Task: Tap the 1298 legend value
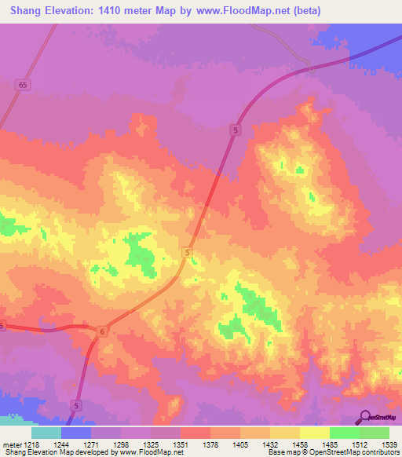(x=121, y=444)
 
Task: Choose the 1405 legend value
(x=240, y=444)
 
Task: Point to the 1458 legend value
(x=300, y=444)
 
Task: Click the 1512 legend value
(x=360, y=444)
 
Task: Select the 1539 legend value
(x=388, y=444)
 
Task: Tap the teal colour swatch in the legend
(x=46, y=433)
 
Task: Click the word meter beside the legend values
(x=9, y=444)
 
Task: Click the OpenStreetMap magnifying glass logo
(x=364, y=416)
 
